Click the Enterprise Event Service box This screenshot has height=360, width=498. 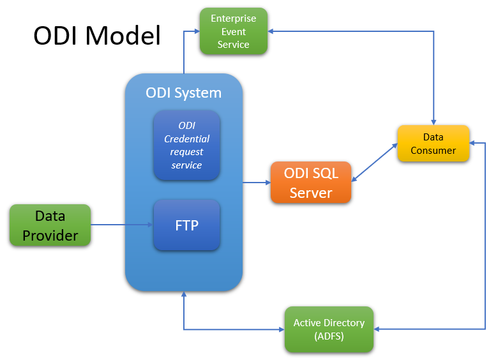pyautogui.click(x=233, y=31)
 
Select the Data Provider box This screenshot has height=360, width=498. pyautogui.click(x=50, y=225)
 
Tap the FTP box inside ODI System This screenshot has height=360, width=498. pyautogui.click(x=186, y=225)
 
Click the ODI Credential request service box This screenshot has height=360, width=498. pyautogui.click(x=186, y=146)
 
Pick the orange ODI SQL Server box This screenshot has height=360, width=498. pyautogui.click(x=311, y=183)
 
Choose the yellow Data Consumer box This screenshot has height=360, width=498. pyautogui.click(x=433, y=144)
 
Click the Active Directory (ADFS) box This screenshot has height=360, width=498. pyautogui.click(x=329, y=329)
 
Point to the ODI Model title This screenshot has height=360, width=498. pyautogui.click(x=97, y=36)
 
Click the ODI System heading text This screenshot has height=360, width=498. pyautogui.click(x=183, y=93)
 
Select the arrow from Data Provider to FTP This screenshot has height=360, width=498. pyautogui.click(x=121, y=225)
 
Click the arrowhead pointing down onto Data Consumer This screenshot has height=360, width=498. pyautogui.click(x=434, y=121)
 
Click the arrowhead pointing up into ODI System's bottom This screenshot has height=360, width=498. pyautogui.click(x=184, y=296)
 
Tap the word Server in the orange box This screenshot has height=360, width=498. pyautogui.click(x=311, y=192)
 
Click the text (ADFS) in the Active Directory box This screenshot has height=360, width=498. pyautogui.click(x=329, y=336)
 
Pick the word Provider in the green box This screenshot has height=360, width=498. pyautogui.click(x=50, y=236)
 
